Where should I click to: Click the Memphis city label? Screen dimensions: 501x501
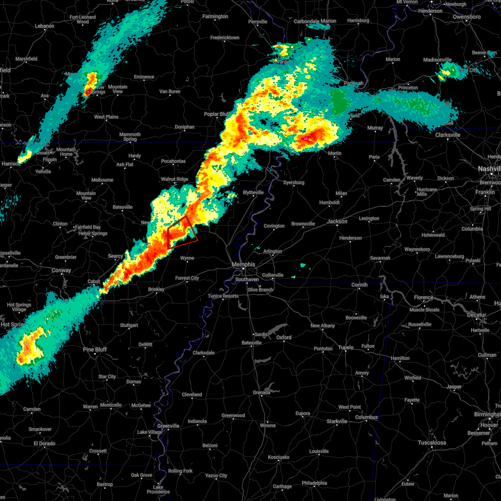click(243, 265)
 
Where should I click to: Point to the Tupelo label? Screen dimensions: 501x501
click(346, 347)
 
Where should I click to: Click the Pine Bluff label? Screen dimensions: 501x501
click(95, 349)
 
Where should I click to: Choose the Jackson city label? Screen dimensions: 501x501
click(337, 221)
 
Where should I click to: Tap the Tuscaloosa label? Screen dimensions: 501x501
click(432, 443)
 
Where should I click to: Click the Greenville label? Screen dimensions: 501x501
click(168, 426)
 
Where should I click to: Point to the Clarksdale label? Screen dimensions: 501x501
click(204, 353)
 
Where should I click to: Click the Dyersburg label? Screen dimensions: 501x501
click(294, 182)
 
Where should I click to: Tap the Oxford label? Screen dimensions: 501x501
click(284, 337)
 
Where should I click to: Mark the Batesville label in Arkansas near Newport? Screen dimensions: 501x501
click(122, 207)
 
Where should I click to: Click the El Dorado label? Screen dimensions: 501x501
click(44, 443)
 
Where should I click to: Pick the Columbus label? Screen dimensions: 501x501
click(367, 417)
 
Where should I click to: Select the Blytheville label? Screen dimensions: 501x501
click(253, 192)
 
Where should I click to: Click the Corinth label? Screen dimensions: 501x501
click(359, 285)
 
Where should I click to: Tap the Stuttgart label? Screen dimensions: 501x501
click(129, 325)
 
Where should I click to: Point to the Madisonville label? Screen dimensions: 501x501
click(437, 60)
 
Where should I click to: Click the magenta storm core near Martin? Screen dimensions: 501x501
click(306, 138)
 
